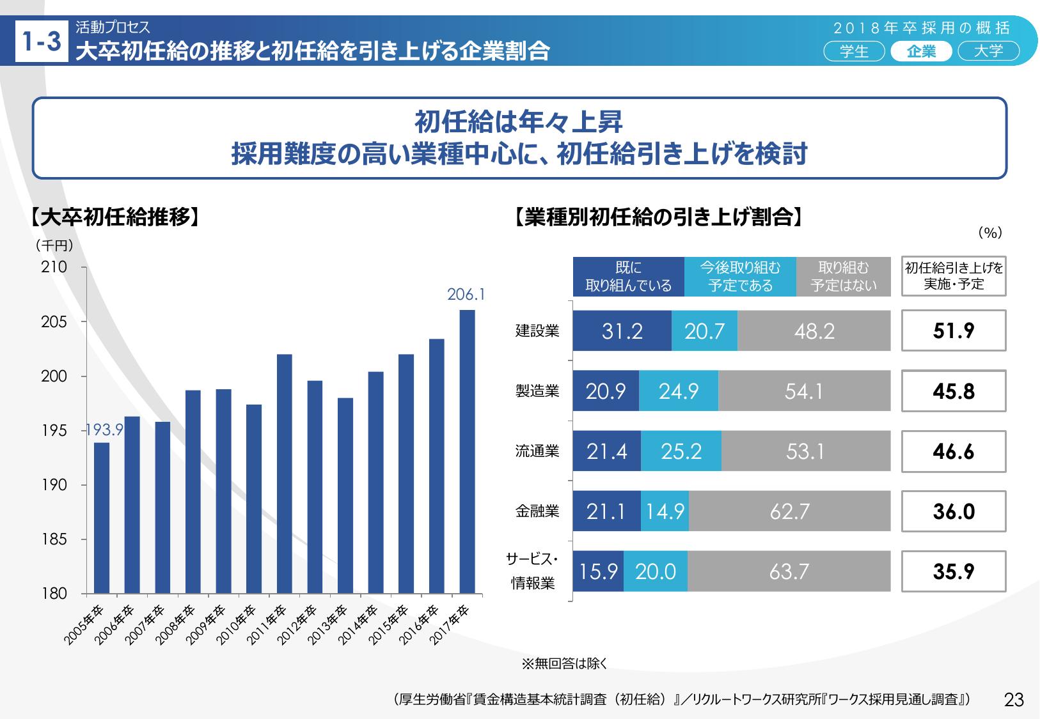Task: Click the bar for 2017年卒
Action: pos(467,451)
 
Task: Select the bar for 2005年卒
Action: pos(101,518)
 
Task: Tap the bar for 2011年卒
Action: pos(284,474)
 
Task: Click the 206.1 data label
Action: pos(466,295)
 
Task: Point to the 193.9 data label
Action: pos(104,430)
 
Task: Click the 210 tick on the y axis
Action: pos(54,267)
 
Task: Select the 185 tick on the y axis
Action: pos(54,539)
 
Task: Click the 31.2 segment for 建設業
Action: pos(622,331)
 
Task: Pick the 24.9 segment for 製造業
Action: pos(678,391)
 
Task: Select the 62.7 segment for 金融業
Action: pos(789,511)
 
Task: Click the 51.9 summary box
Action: pos(953,330)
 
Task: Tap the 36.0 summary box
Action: pos(953,511)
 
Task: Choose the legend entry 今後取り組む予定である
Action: pos(740,277)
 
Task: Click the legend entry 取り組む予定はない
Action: pos(844,277)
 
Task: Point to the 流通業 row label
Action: pos(537,451)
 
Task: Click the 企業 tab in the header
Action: pos(921,51)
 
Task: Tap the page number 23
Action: pos(1014,700)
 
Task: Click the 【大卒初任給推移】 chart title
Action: pos(115,217)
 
